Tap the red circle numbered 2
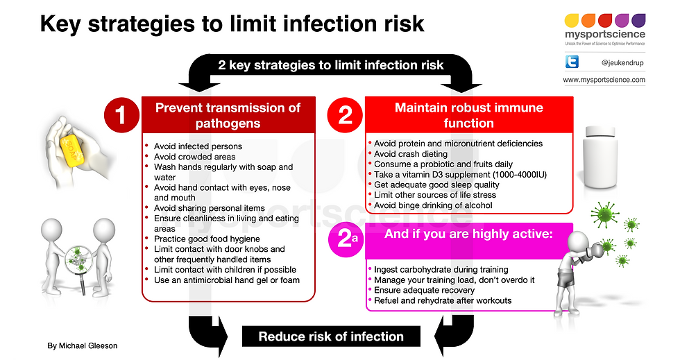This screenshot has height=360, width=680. coord(346,115)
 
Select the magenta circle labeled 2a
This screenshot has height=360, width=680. coord(346,239)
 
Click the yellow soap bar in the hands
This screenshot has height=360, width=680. coord(72,150)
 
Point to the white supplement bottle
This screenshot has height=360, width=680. coord(600,157)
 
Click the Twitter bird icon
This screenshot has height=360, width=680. coord(572,62)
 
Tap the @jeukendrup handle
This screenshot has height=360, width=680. coord(622,63)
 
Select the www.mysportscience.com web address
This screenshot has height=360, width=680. coord(604,80)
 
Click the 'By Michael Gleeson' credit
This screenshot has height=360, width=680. coord(83,345)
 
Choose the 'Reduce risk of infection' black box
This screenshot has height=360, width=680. coord(331,336)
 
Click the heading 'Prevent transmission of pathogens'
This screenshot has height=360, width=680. coord(228,115)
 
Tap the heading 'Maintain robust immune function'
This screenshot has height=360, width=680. coord(469,115)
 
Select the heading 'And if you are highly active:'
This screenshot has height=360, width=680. coord(468,234)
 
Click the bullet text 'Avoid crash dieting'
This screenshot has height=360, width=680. coord(411,154)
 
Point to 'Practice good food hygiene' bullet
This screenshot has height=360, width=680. coord(207,239)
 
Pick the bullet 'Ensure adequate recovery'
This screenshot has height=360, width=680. coord(424,290)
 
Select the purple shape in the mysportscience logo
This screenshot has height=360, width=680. coord(638,20)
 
